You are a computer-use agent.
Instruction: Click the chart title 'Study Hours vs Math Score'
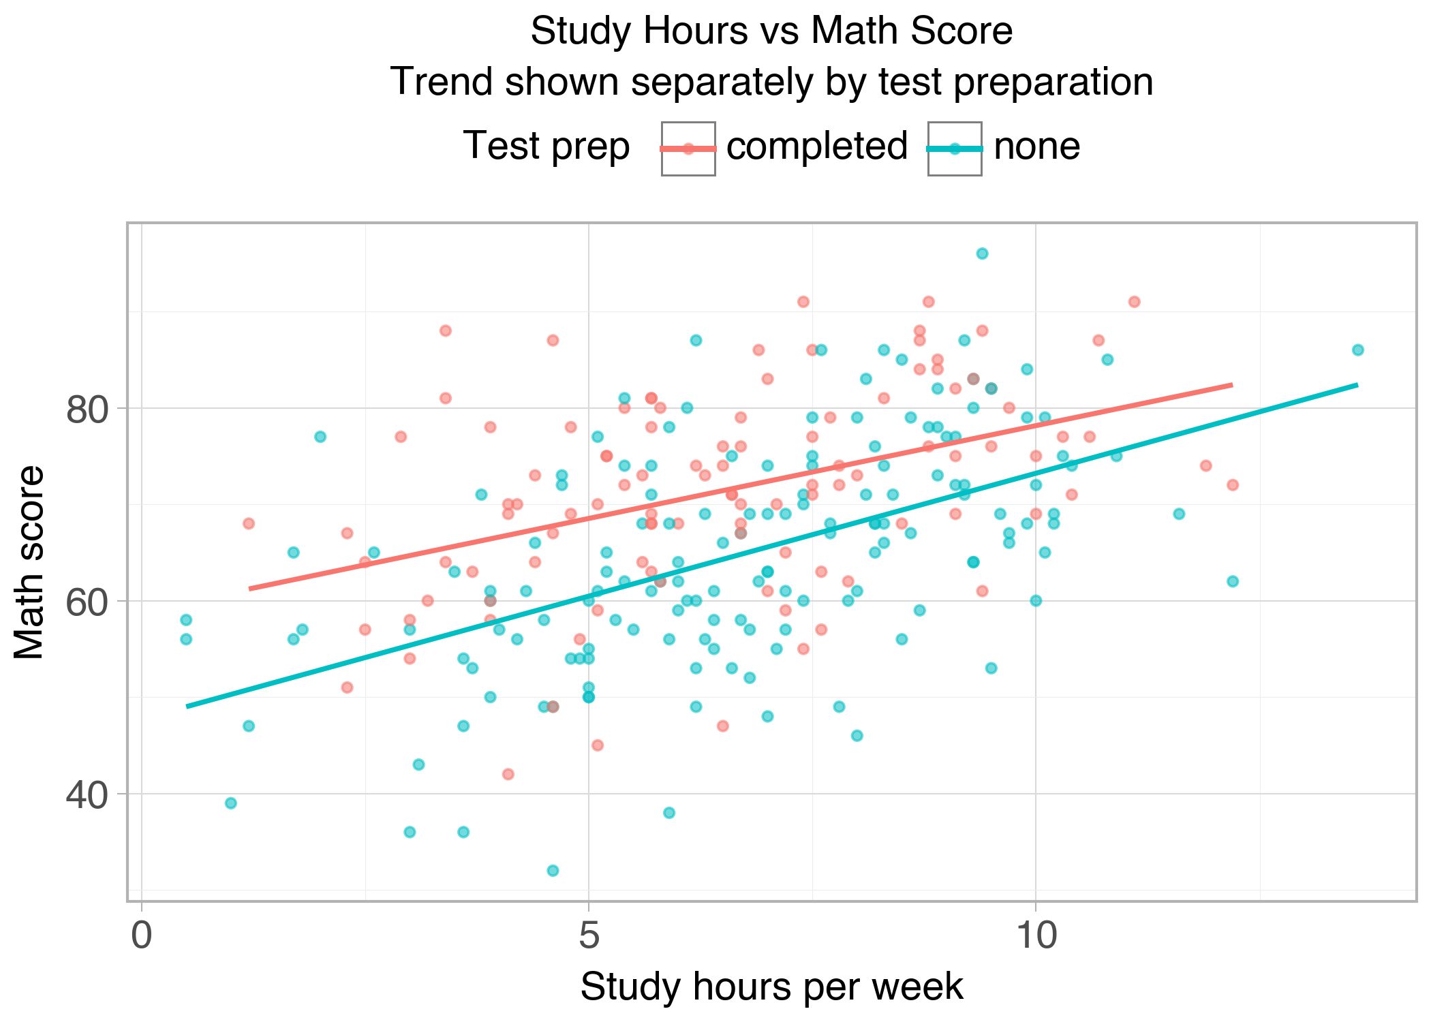[771, 31]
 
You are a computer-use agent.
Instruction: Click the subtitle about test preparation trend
[771, 82]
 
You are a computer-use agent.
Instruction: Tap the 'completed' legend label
[817, 146]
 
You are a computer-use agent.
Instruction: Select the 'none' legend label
[1036, 146]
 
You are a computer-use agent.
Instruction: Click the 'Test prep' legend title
[547, 146]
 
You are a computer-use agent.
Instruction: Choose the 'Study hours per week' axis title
[771, 986]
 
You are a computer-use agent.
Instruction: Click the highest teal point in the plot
[982, 253]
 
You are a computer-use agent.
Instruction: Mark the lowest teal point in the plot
[553, 870]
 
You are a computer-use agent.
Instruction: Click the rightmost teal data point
[1357, 350]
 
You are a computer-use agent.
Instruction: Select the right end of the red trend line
[1232, 385]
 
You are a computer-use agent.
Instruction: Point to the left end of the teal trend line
[187, 707]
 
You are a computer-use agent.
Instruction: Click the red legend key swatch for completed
[688, 149]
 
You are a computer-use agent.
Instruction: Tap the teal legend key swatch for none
[955, 149]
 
